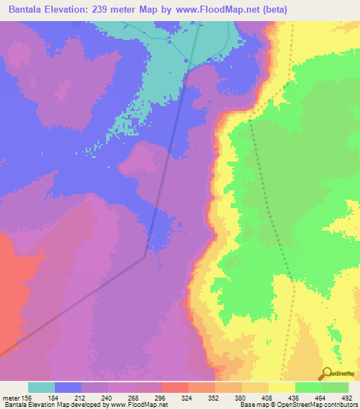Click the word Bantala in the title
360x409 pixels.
[27, 9]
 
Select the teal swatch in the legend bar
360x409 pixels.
[41, 387]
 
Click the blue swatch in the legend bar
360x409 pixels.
[68, 387]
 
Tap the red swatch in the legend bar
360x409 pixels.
[175, 387]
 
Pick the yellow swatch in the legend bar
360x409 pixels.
[282, 387]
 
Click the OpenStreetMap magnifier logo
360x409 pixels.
[326, 373]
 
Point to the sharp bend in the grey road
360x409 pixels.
[145, 257]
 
